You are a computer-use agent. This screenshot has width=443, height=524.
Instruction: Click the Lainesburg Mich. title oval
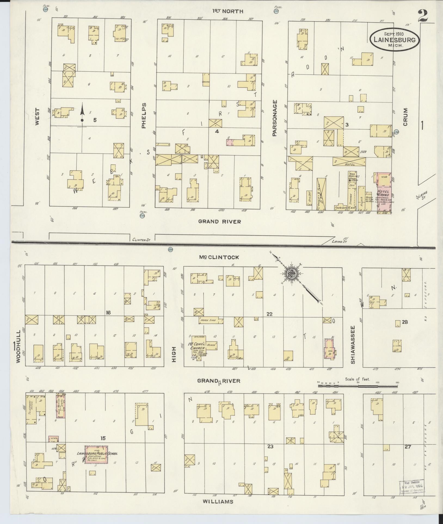point(395,39)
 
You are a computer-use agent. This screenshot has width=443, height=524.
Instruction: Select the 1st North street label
point(228,11)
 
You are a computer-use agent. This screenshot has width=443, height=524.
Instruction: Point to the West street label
point(37,117)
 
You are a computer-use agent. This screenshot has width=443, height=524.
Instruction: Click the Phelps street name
point(144,115)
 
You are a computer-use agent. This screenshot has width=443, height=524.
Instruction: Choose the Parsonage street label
point(275,118)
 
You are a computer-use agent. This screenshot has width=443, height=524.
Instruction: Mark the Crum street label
point(406,117)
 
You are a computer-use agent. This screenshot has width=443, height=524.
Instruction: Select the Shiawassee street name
point(353,345)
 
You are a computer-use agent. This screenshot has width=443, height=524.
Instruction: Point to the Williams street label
point(218,501)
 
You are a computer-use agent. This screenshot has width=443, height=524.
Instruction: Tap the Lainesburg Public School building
point(96,454)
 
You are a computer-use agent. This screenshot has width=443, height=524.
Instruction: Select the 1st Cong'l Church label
point(198,346)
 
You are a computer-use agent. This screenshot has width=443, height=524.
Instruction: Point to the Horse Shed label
point(208,320)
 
